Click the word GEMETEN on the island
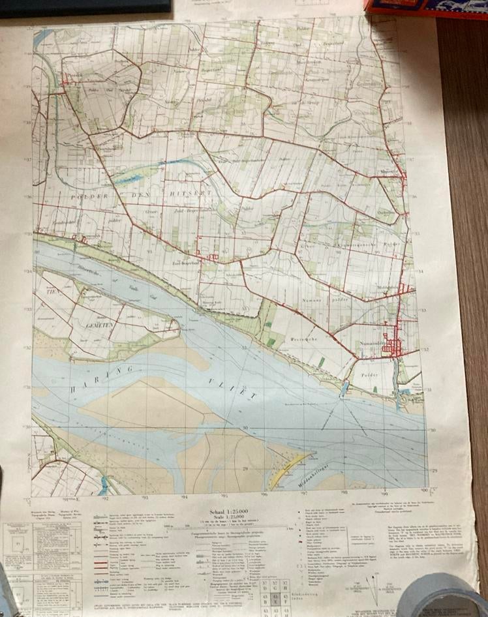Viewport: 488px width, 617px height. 93,325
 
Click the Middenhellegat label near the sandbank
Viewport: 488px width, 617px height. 312,472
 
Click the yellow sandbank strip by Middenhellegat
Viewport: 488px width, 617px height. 287,471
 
